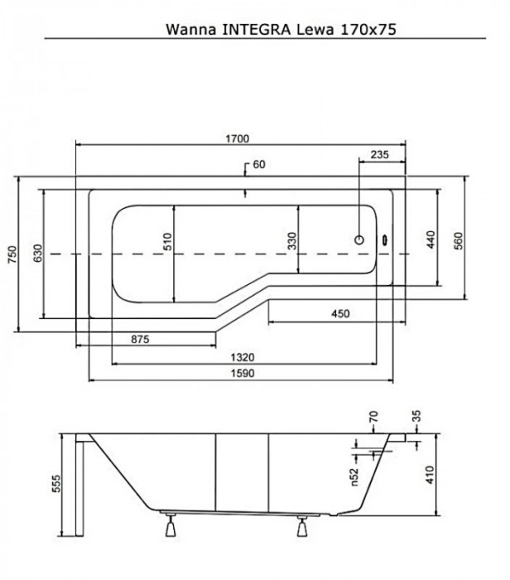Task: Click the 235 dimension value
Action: (x=380, y=154)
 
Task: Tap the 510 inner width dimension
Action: (x=166, y=242)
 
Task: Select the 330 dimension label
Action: (x=291, y=241)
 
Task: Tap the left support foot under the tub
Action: (x=172, y=527)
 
